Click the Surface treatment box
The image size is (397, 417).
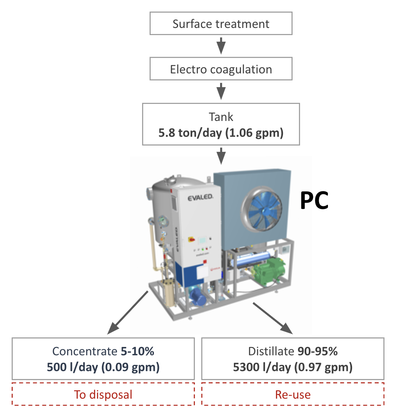221,24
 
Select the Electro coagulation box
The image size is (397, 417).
221,69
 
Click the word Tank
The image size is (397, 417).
221,117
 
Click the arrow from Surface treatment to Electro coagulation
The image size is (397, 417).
221,46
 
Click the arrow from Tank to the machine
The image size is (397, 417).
221,155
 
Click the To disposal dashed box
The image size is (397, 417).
103,394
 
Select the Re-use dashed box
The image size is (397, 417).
293,394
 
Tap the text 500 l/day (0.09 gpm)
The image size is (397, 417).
103,367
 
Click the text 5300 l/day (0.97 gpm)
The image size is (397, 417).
293,367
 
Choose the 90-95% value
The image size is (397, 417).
317,352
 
